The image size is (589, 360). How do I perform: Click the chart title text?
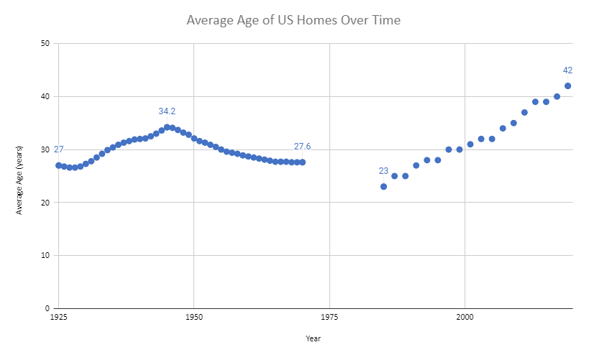293,20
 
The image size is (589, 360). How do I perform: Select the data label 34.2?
167,111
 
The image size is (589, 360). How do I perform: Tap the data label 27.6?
302,147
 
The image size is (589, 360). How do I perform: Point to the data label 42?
567,70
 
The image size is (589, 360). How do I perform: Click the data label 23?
383,171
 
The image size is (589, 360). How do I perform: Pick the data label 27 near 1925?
58,149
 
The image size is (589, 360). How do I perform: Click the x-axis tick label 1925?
58,316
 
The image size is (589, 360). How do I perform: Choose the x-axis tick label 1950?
193,316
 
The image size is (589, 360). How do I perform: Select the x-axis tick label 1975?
329,316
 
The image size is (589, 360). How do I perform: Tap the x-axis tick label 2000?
465,316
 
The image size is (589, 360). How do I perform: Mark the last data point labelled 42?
567,86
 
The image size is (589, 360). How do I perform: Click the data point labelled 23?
383,187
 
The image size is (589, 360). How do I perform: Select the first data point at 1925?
58,165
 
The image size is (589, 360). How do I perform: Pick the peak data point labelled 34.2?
167,127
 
